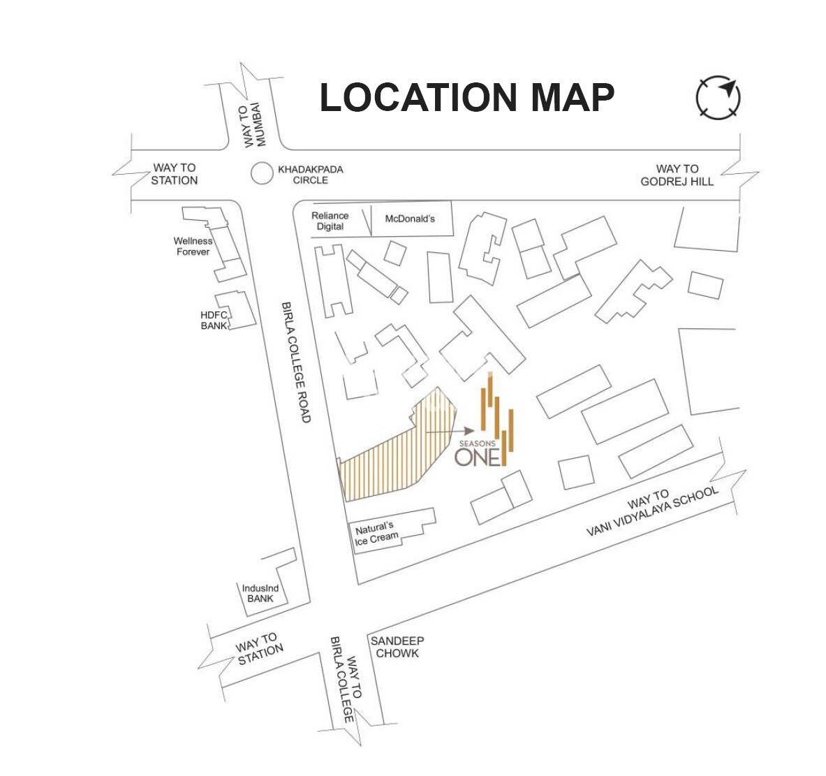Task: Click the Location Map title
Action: tap(466, 98)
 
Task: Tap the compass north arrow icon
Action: tap(718, 97)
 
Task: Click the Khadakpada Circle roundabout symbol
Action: tap(262, 173)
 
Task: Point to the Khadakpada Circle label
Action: tap(310, 175)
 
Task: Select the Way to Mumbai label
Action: tap(256, 125)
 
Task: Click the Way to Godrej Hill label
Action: tap(677, 175)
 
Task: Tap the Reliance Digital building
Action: tap(332, 221)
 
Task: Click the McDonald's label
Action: tap(410, 219)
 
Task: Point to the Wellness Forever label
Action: tap(193, 246)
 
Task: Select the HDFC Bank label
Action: tap(214, 320)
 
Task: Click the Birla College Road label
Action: tap(295, 362)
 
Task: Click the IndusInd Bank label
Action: tap(260, 593)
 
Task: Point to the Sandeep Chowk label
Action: tap(397, 647)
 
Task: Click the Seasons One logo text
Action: tap(478, 455)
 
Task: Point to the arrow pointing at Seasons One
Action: tap(441, 432)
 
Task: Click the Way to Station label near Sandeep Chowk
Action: tap(258, 649)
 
